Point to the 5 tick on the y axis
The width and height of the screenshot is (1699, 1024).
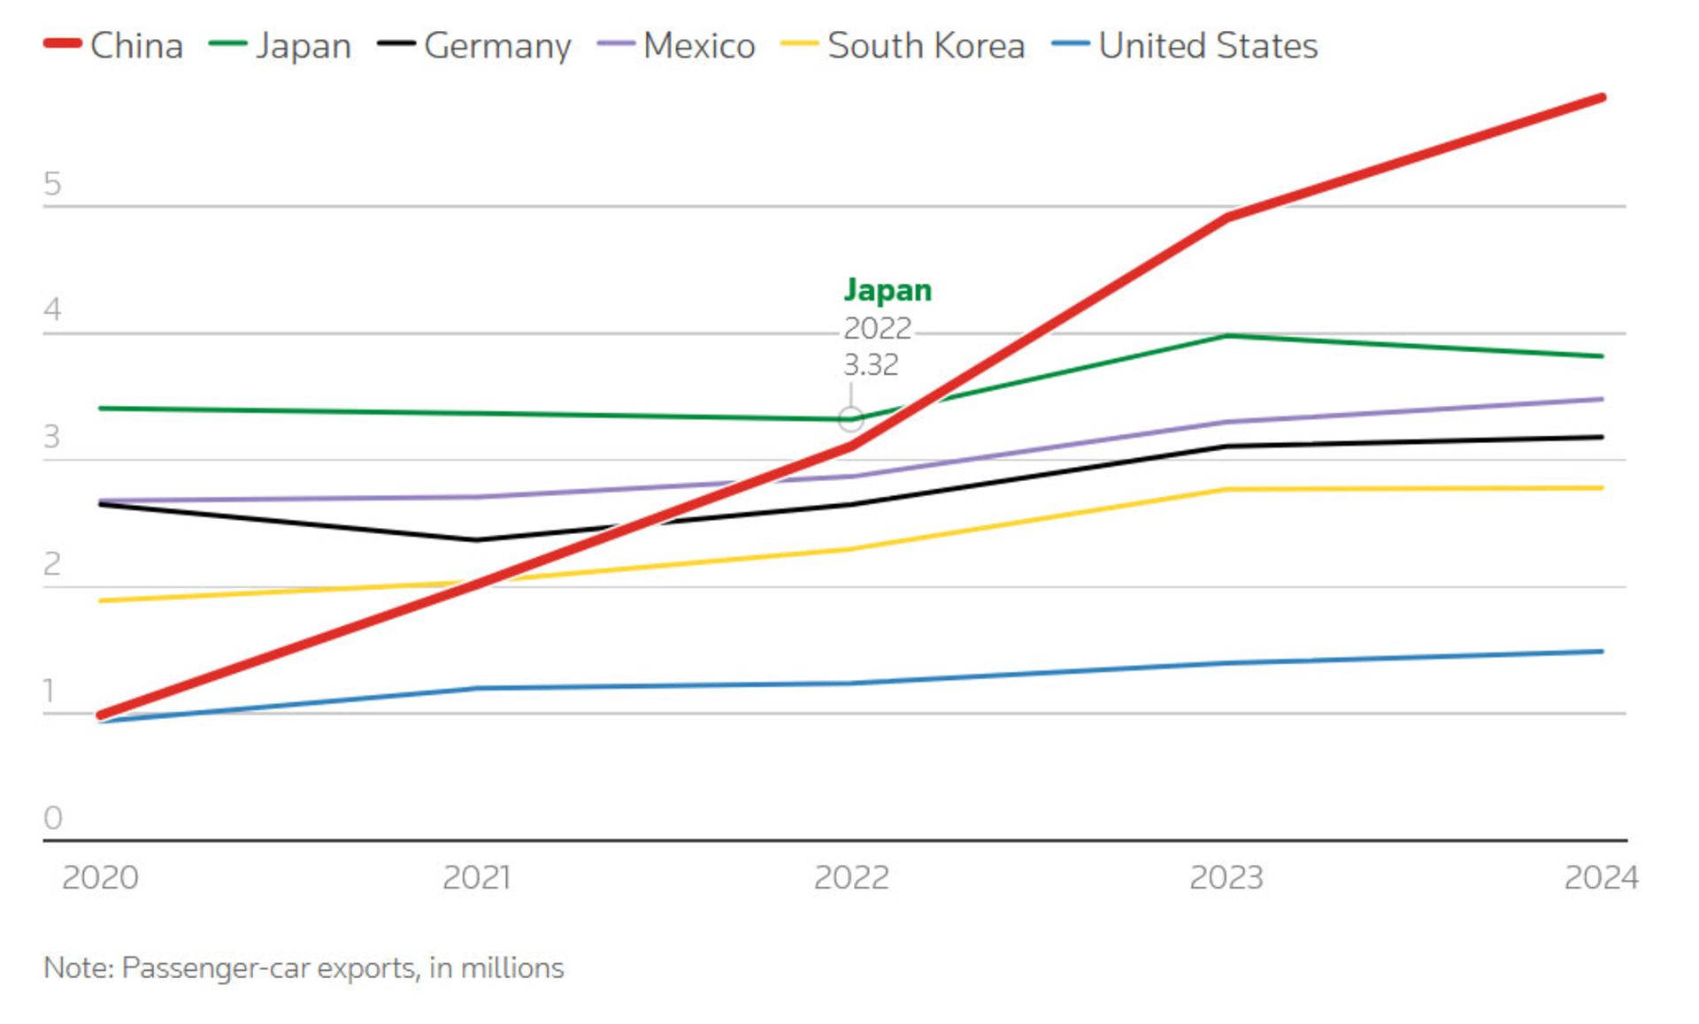[52, 184]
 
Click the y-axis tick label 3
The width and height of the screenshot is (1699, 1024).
[52, 437]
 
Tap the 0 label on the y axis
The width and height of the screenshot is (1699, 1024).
[52, 818]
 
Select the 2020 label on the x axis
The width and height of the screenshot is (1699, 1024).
[100, 877]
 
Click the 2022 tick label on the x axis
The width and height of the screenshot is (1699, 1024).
[851, 877]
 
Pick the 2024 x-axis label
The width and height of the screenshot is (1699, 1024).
[1601, 877]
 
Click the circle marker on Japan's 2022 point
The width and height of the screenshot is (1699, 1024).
[851, 419]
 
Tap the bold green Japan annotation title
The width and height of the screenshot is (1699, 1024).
[888, 290]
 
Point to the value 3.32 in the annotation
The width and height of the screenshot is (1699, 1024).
[871, 364]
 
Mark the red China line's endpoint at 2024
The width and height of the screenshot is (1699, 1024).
[1602, 98]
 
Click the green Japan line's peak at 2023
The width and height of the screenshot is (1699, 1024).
[1227, 336]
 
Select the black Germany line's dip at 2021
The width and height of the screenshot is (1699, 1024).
[477, 539]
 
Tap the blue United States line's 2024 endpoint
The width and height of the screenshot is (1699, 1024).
[1602, 652]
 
